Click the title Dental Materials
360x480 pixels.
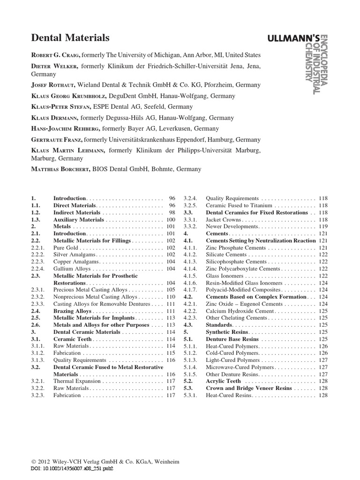point(70,38)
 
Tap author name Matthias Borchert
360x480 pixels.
point(61,169)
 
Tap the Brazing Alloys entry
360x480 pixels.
point(72,311)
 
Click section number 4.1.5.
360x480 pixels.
point(191,276)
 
